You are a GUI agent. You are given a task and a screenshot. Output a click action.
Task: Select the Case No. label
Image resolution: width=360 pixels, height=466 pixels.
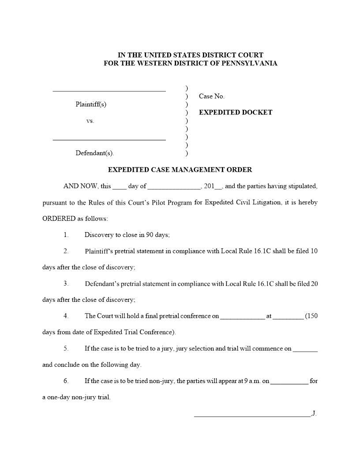pos(212,96)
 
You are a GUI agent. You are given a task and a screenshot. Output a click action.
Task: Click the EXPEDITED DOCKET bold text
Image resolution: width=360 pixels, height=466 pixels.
pos(236,112)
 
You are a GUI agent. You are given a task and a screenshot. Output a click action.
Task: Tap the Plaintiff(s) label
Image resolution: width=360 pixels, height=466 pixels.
pos(91,105)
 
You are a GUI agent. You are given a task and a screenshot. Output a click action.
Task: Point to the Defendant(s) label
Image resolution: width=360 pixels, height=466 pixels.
pos(94,153)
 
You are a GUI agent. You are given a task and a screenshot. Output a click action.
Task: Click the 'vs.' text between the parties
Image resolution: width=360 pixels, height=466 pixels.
pos(90,120)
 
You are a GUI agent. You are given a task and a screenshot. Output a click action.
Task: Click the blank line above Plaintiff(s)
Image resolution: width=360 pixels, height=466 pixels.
pos(109,90)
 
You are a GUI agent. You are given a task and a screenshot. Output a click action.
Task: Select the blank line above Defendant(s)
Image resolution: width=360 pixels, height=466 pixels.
pos(109,139)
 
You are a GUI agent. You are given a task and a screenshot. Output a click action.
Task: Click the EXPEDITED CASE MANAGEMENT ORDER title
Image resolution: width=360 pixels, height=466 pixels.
pos(180,169)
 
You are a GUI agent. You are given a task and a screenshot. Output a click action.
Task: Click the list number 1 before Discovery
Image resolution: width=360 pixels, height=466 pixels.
pos(66,235)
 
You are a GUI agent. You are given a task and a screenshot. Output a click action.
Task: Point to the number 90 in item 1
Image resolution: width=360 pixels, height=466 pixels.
pos(150,235)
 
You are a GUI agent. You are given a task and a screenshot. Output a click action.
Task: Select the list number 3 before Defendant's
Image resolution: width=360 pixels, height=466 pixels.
pos(66,283)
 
